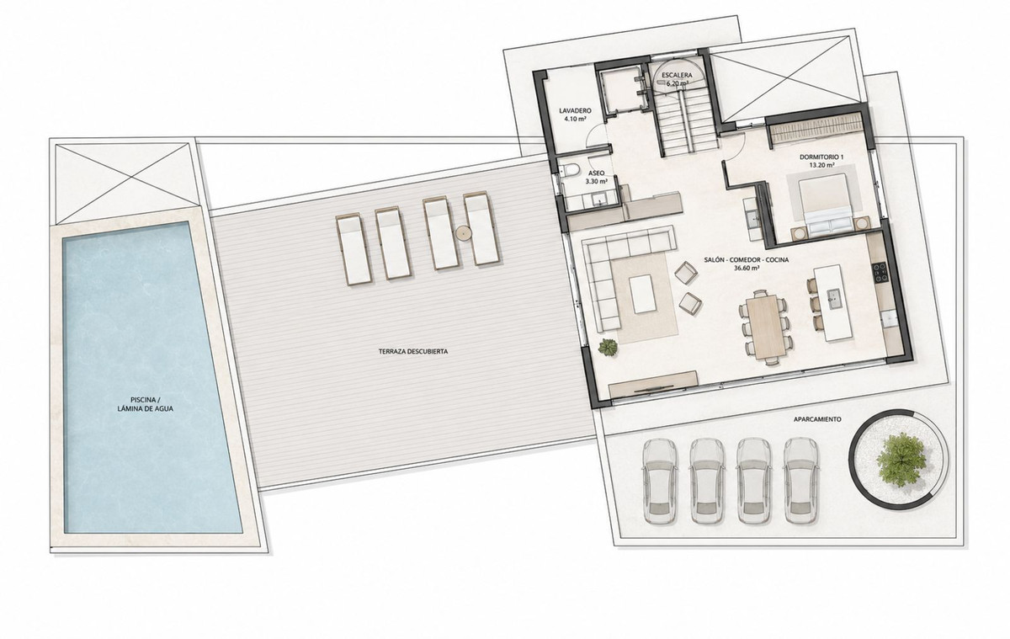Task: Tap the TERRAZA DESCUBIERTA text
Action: (413, 351)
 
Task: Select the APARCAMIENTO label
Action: (817, 419)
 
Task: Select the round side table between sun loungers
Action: (463, 232)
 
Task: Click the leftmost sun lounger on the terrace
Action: (353, 249)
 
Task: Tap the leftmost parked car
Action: (659, 482)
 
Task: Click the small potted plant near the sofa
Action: (609, 347)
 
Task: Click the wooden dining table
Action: (765, 327)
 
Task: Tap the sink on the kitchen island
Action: (832, 296)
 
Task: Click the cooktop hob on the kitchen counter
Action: (879, 273)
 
